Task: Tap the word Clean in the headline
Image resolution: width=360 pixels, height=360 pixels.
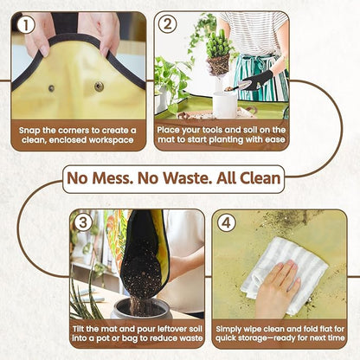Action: pos(260,179)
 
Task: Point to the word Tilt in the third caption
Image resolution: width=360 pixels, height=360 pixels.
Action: pos(85,329)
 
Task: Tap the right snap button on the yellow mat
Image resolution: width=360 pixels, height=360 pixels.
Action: pos(99,87)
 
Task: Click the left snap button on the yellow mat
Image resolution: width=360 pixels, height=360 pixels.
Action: pos(49,87)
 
